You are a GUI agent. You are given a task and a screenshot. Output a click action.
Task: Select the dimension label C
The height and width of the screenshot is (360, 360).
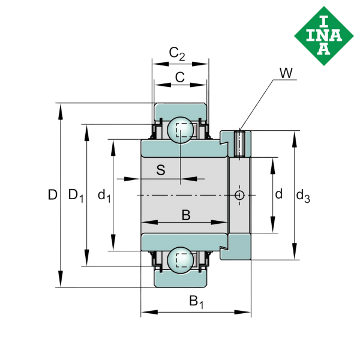point(179,76)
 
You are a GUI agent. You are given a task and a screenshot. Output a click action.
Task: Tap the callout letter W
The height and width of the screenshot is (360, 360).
point(286,74)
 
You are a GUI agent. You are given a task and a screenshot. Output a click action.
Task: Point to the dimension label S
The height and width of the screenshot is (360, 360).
point(160,170)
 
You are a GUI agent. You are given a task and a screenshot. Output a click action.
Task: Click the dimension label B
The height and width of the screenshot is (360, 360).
point(185,214)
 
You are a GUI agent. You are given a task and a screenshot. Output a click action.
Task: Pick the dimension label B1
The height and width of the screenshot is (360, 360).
point(196,302)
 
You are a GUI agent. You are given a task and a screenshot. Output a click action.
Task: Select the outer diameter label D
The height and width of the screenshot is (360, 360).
point(52,194)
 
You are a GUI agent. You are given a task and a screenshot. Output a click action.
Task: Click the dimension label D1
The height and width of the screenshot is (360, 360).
point(75,194)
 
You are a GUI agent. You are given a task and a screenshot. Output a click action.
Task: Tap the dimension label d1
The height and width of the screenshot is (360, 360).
point(103,194)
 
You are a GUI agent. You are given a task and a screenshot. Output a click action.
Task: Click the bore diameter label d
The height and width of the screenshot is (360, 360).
point(278,194)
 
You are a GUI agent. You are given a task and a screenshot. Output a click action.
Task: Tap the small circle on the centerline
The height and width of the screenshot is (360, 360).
point(240,195)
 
